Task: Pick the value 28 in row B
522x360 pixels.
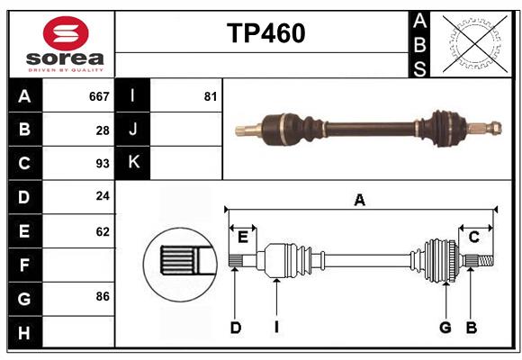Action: coord(103,130)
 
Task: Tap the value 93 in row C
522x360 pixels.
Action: coord(103,164)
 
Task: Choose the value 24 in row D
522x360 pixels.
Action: coord(103,197)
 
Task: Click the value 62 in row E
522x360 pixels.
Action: coord(103,231)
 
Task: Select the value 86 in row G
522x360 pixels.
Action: coord(103,297)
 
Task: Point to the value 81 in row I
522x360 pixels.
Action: coord(211,95)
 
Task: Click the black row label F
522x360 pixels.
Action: coord(24,265)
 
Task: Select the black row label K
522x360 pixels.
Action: coord(132,163)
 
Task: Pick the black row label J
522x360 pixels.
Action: coord(132,130)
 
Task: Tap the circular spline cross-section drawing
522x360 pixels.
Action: coord(178,261)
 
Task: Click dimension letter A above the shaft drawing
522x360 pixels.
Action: coord(360,201)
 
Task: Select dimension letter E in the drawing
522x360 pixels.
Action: coord(243,237)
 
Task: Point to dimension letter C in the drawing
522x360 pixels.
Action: coord(473,237)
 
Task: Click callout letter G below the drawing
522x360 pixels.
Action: coord(445,328)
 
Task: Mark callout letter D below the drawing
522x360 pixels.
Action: coord(235,328)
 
